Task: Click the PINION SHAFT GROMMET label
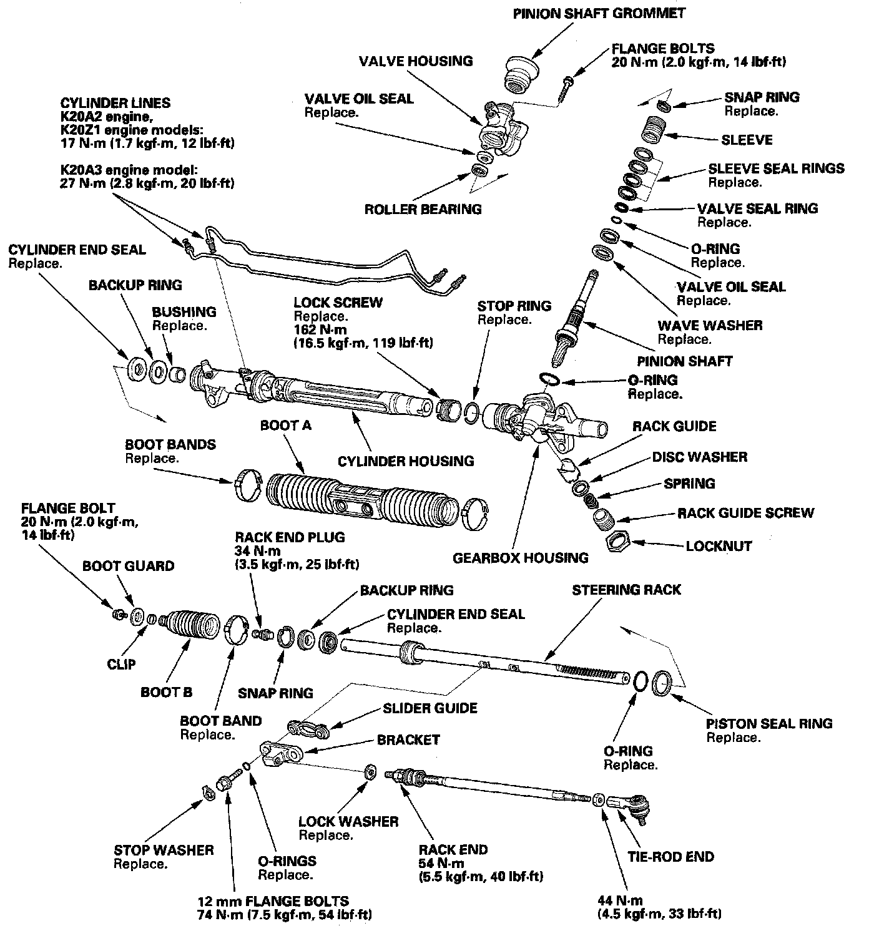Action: pyautogui.click(x=599, y=13)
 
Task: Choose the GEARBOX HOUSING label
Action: pyautogui.click(x=521, y=557)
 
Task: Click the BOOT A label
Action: pyautogui.click(x=285, y=426)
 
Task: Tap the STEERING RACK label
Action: pyautogui.click(x=626, y=590)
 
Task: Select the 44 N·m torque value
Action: pyautogui.click(x=620, y=900)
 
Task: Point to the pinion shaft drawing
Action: pyautogui.click(x=573, y=318)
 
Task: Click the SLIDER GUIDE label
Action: pyautogui.click(x=430, y=708)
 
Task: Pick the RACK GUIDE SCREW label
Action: pyautogui.click(x=746, y=513)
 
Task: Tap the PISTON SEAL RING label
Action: pyautogui.click(x=769, y=723)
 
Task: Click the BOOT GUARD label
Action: pyautogui.click(x=129, y=566)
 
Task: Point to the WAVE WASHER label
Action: pyautogui.click(x=710, y=325)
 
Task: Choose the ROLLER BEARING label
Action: pyautogui.click(x=423, y=209)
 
